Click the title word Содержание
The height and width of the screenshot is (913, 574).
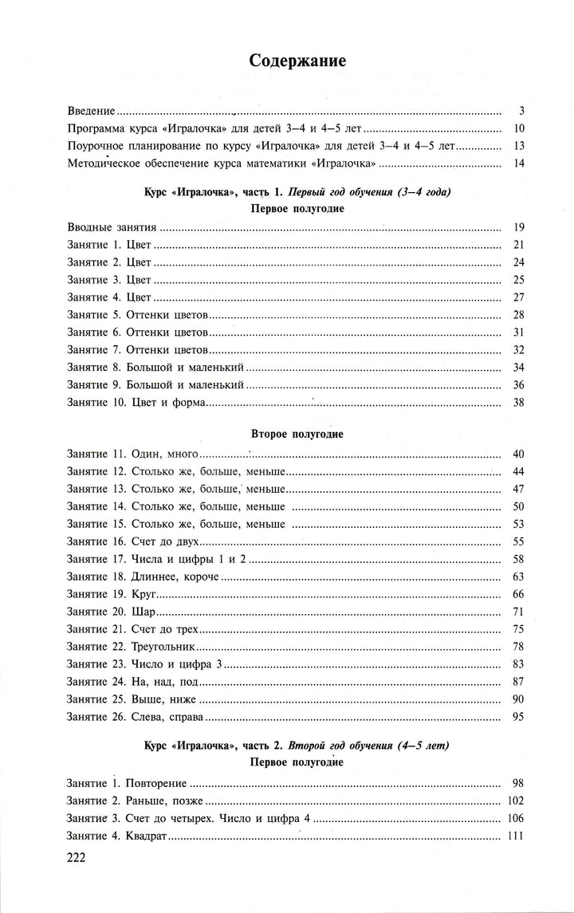pos(286,61)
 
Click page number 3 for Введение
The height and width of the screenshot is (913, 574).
pos(519,111)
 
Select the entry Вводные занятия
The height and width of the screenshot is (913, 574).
pos(112,227)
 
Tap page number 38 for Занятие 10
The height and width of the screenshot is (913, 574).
pos(517,403)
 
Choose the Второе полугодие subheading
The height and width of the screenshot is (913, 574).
pos(286,434)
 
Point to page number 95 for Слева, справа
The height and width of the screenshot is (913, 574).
pos(517,717)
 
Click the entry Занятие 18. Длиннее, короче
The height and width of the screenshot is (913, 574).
pos(143,577)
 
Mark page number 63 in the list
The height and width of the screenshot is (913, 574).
pos(517,577)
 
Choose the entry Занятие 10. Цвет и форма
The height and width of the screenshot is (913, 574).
pos(136,403)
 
